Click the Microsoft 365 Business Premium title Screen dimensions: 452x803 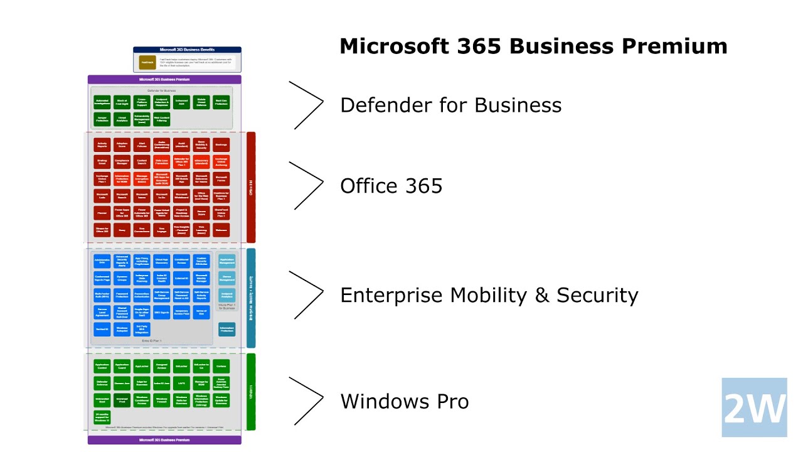coord(533,46)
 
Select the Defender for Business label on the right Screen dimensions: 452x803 coord(450,105)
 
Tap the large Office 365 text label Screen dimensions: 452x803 coord(391,186)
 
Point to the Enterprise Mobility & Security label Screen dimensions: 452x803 coord(489,295)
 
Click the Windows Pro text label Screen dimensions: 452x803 coord(404,401)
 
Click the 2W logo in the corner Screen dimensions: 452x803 coord(754,407)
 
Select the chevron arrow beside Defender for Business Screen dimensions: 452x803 coord(307,104)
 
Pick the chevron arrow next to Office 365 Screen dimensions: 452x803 coord(307,185)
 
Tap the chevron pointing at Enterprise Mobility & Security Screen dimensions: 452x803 coord(307,294)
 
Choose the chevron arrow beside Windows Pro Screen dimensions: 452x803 coord(307,401)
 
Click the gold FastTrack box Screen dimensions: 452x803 coord(147,62)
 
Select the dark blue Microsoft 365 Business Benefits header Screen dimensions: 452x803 coord(187,49)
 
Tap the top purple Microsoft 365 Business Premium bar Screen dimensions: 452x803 coord(164,80)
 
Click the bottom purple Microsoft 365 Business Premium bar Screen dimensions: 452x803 coord(164,440)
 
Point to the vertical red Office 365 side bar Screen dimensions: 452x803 coord(251,187)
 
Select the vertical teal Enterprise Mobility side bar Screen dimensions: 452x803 coord(251,298)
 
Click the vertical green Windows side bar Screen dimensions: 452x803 coord(251,392)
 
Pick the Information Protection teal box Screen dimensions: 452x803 coord(227,328)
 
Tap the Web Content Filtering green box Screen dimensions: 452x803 coord(161,119)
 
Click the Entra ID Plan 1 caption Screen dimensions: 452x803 coord(152,341)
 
